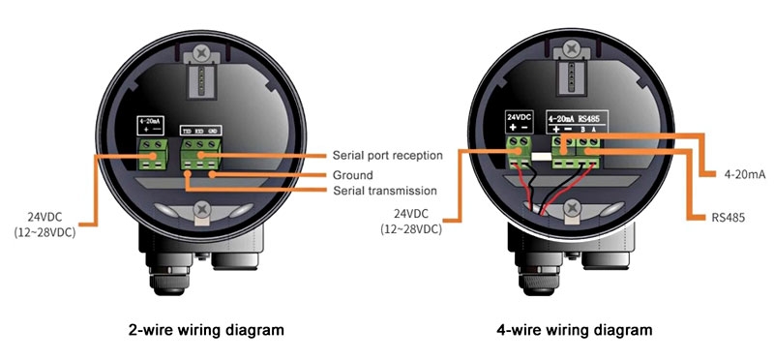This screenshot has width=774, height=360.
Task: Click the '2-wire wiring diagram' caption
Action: [x=207, y=330]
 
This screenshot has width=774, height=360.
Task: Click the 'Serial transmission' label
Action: [x=383, y=191]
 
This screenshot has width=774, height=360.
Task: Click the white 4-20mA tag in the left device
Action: [x=152, y=127]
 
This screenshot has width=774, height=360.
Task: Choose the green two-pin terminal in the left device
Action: [x=153, y=150]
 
